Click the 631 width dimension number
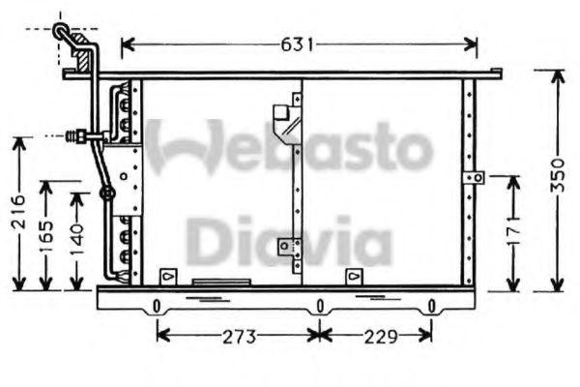pyautogui.click(x=298, y=45)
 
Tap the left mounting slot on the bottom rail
pyautogui.click(x=156, y=308)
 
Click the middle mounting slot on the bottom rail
pyautogui.click(x=318, y=308)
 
